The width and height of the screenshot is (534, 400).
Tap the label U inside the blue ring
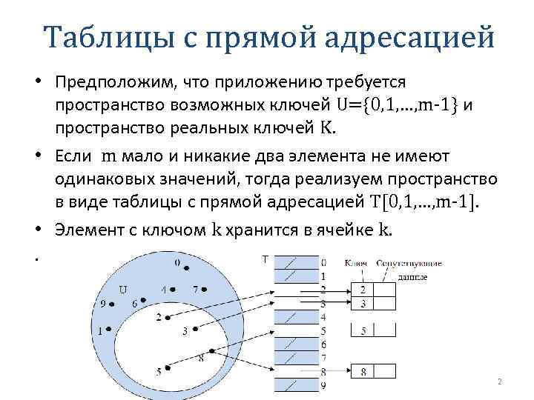tap(122, 289)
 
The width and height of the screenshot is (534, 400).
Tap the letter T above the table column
tap(265, 259)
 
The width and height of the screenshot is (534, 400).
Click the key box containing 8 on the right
tap(362, 371)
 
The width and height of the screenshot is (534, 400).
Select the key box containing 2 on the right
tap(362, 290)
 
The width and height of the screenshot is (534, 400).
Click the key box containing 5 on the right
tap(362, 330)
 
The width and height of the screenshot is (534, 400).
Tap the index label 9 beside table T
tap(323, 384)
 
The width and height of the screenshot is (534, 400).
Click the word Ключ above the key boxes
tap(357, 264)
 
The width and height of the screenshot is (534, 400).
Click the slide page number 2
tap(500, 381)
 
